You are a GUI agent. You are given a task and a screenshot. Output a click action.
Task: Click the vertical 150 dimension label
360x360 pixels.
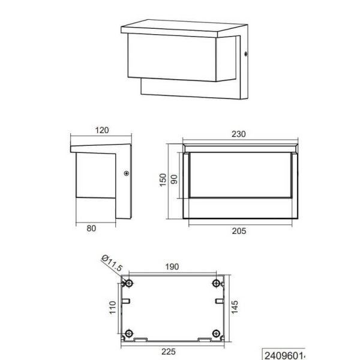(163, 181)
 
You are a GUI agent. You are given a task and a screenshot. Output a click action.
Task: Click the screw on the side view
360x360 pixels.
(125, 174)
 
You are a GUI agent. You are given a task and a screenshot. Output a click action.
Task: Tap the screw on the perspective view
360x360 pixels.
(247, 56)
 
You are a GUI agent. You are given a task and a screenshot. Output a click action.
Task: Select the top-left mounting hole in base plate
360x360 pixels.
(129, 283)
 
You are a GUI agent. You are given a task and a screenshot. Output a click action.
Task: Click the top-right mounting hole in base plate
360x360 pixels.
(217, 283)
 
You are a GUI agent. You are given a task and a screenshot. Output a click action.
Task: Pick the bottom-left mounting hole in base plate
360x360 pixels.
(129, 332)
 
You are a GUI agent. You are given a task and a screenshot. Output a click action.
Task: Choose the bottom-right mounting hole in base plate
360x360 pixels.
(217, 332)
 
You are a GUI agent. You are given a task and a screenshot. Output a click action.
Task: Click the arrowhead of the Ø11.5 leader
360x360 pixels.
(125, 278)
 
